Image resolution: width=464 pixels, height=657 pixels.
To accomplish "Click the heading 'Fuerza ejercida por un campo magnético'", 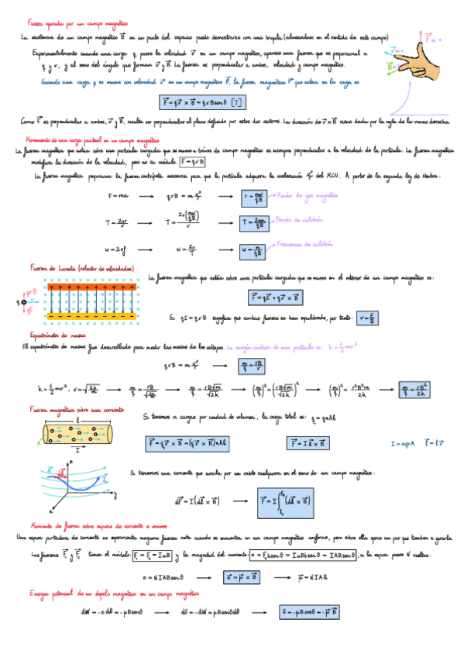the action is pyautogui.click(x=78, y=24).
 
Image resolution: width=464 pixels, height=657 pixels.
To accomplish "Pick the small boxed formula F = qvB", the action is pyautogui.click(x=192, y=161).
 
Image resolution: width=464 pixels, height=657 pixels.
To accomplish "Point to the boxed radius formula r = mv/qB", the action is pyautogui.click(x=255, y=197).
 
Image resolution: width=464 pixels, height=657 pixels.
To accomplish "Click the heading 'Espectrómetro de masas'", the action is pyautogui.click(x=52, y=335).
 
